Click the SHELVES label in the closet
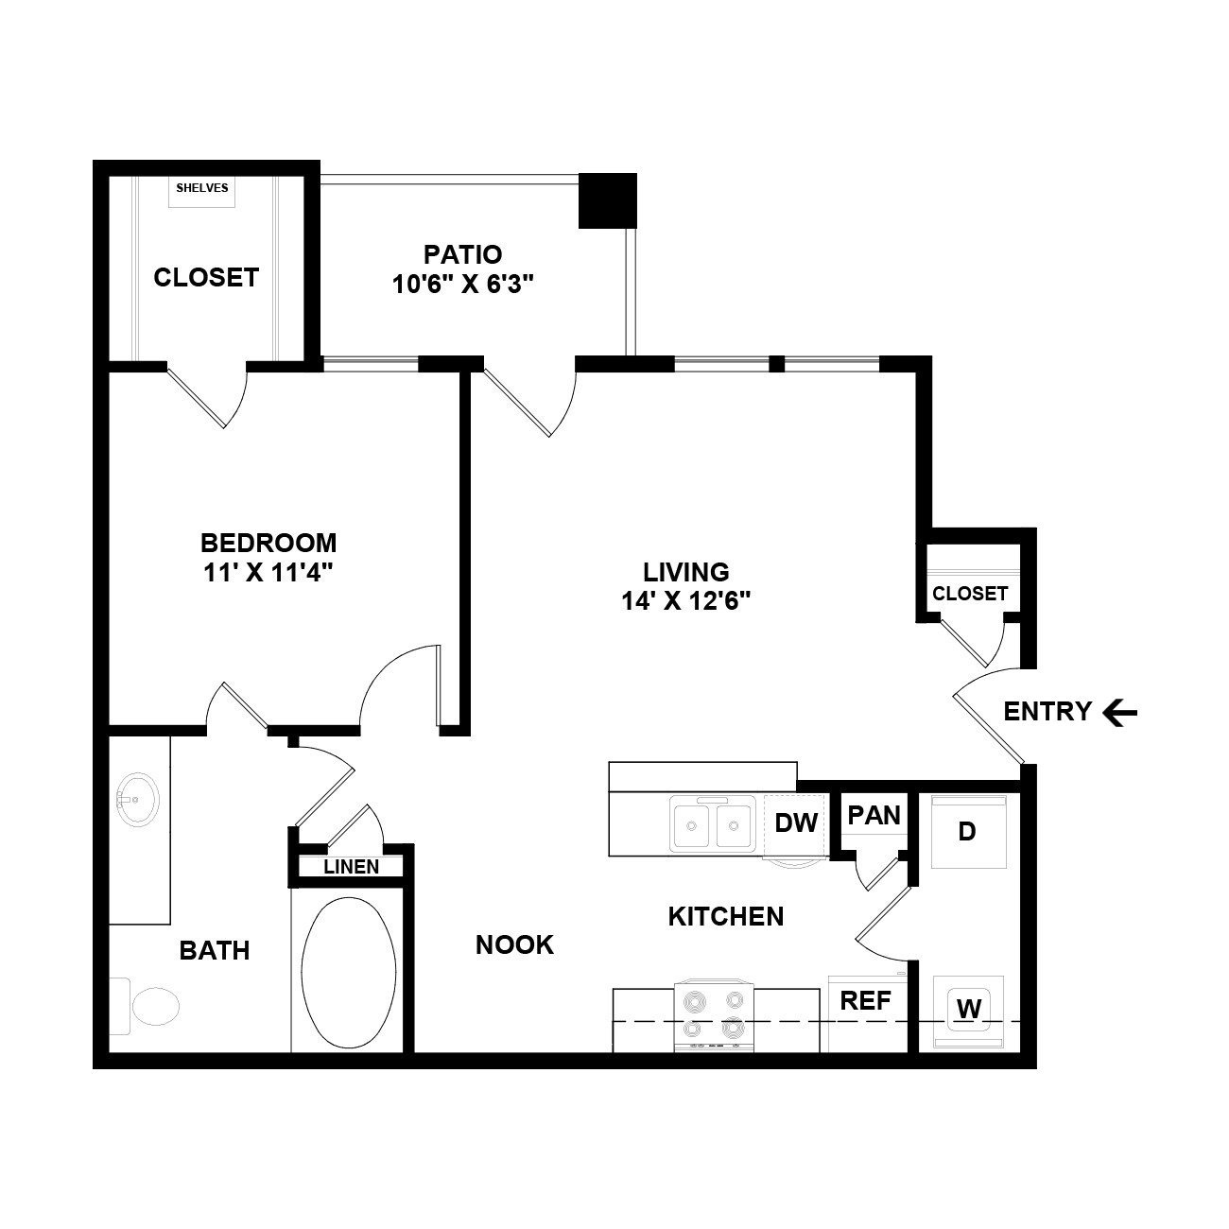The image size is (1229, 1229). tap(202, 188)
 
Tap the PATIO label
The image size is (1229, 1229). tap(463, 254)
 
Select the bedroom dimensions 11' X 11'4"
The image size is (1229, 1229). tap(268, 573)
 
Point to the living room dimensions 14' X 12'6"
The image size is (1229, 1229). tap(685, 600)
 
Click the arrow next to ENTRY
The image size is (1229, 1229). tap(1120, 713)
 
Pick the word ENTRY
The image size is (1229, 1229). tap(1047, 712)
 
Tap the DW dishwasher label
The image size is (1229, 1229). tap(796, 823)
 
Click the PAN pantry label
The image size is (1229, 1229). tap(874, 815)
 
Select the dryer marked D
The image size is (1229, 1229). tap(968, 831)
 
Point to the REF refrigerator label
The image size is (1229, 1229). tap(865, 1001)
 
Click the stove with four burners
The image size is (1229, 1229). tap(715, 1016)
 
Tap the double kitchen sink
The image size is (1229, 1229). tap(713, 825)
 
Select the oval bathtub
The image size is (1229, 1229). tap(348, 973)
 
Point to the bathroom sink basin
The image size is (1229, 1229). tap(138, 800)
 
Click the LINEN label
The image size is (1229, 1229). tap(352, 867)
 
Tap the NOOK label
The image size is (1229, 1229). tap(514, 944)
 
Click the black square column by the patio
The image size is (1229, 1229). tap(608, 201)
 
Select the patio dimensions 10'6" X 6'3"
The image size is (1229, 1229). tap(463, 284)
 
